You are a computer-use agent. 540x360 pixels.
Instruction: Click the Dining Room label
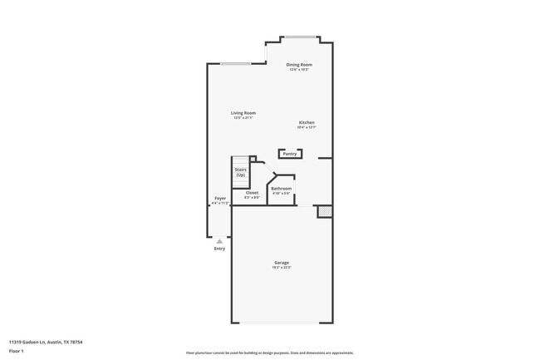tap(299, 65)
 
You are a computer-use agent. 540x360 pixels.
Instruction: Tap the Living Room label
tap(243, 113)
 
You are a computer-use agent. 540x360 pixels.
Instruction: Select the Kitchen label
tap(307, 123)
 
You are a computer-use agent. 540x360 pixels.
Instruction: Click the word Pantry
tap(290, 154)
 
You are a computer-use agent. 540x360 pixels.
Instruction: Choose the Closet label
tap(252, 193)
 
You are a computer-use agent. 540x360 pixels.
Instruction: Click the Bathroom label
tap(281, 189)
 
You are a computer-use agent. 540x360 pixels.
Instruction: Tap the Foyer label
tap(220, 198)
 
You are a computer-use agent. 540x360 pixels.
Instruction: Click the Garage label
tap(282, 263)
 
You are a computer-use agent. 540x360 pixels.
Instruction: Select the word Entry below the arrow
tap(219, 249)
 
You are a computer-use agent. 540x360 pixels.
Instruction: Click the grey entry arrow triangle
tap(219, 241)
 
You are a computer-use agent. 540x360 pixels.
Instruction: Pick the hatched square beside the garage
tap(324, 212)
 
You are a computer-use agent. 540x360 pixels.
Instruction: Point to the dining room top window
tap(299, 37)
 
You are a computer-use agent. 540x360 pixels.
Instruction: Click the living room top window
tap(235, 64)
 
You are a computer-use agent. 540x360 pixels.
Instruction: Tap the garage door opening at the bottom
tap(282, 323)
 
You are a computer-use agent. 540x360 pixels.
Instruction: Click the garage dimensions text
tap(282, 268)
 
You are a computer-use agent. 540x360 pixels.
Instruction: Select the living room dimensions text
tap(243, 118)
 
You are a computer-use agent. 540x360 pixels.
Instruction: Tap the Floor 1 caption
tap(16, 352)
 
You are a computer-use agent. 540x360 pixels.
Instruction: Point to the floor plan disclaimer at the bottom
tap(270, 353)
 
